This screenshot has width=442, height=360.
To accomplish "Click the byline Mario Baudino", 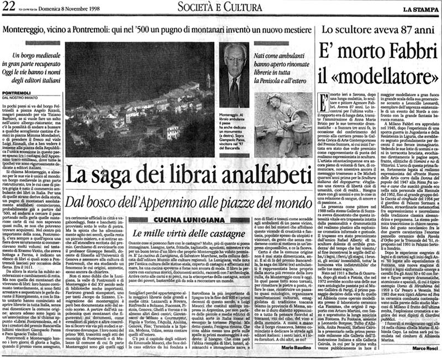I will click(296, 350).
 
